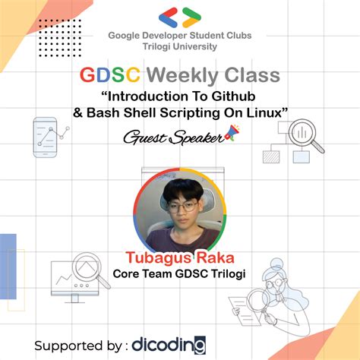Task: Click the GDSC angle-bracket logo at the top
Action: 180,17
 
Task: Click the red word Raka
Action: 214,257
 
